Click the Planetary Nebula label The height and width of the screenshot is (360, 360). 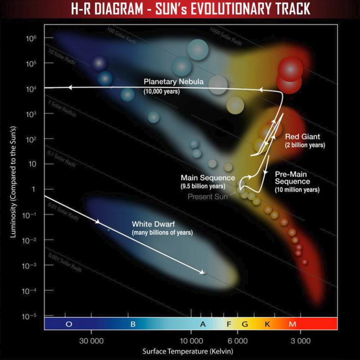pos(173,82)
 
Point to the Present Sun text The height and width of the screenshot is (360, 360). pos(207,197)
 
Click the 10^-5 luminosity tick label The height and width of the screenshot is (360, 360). pos(31,316)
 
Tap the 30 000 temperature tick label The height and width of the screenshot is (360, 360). pos(92,340)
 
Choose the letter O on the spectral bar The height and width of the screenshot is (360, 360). pos(69,324)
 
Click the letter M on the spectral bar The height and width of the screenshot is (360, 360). pos(292,324)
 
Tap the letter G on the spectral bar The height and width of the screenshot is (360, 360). pos(245,324)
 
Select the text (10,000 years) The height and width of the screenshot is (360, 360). pos(162,91)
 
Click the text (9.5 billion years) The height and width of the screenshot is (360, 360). pos(202,186)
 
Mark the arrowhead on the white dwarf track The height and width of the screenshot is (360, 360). pos(98,221)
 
